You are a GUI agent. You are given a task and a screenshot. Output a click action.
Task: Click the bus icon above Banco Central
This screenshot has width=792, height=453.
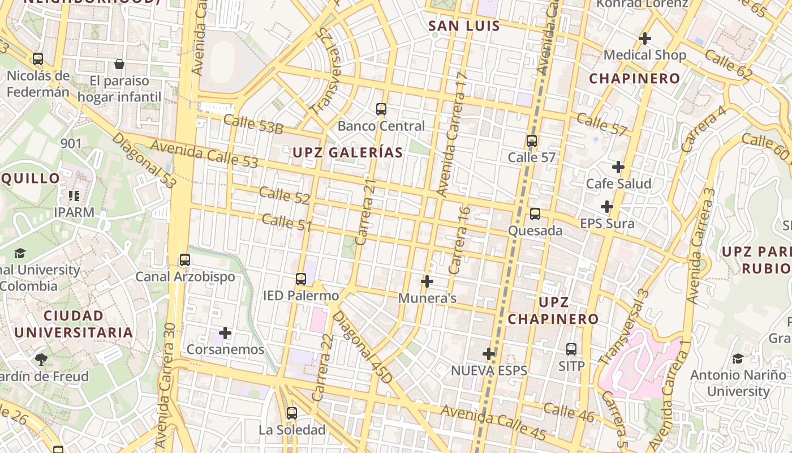(x=381, y=109)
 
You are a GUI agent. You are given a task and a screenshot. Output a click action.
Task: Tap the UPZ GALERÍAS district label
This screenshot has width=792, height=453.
(x=347, y=152)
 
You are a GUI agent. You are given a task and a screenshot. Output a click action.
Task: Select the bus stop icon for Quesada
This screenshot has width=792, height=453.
(x=535, y=214)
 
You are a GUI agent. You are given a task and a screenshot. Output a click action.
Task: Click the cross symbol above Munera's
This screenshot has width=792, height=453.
(x=427, y=281)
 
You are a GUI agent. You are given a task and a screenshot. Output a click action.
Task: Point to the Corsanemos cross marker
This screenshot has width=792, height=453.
(x=225, y=333)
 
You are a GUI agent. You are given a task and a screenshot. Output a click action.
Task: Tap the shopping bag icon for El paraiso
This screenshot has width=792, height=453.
(x=119, y=64)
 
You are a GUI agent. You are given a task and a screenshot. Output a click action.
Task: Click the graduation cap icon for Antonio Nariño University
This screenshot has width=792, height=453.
(x=738, y=358)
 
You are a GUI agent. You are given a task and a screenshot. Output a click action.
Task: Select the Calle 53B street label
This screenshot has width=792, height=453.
(x=253, y=124)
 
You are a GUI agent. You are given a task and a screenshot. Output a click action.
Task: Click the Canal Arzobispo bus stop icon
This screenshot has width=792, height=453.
(x=184, y=260)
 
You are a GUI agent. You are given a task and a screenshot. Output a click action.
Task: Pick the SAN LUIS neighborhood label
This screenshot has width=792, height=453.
(x=464, y=26)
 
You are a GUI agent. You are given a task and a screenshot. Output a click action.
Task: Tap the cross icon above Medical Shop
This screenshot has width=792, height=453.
(x=644, y=39)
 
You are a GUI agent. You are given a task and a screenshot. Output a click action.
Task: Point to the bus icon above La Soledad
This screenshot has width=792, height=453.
(x=292, y=413)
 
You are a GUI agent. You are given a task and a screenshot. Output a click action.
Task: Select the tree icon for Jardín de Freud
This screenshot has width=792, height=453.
(x=41, y=359)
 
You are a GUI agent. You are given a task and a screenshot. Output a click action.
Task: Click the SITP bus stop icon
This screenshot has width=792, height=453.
(x=571, y=349)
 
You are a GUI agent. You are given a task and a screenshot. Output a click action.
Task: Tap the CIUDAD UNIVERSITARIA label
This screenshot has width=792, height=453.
(x=74, y=324)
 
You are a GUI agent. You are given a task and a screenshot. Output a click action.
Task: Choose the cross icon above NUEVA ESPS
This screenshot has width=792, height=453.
(x=489, y=354)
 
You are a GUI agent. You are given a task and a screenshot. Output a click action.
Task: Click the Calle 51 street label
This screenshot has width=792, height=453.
(x=287, y=223)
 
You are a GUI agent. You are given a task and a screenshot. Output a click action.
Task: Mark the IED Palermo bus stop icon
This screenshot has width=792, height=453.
(x=301, y=279)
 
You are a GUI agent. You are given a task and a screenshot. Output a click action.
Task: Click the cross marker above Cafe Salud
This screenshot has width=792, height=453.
(x=618, y=167)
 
